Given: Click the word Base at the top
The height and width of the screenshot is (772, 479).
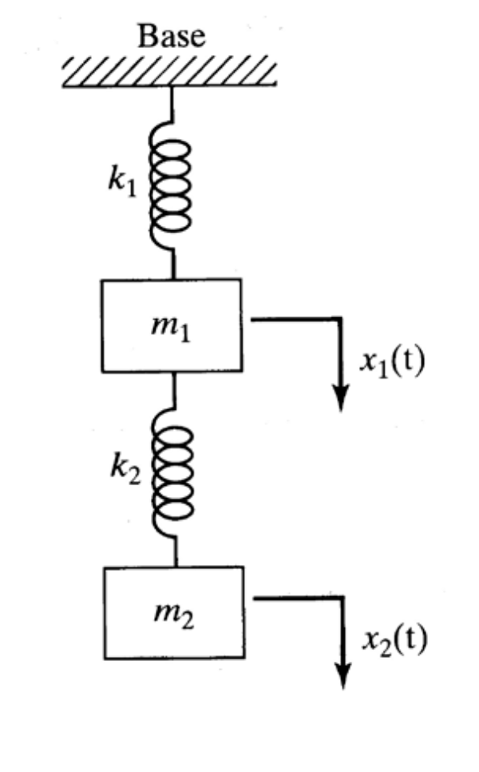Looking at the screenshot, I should (172, 37).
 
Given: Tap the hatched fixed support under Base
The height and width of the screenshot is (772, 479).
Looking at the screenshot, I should (171, 73).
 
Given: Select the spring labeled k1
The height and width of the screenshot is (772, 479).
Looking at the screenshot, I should (170, 183).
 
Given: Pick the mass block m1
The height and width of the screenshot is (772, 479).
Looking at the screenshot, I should (171, 324).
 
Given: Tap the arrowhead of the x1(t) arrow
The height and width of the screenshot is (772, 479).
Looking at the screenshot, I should (342, 397).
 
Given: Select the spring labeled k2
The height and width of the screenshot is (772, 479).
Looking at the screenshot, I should (173, 472).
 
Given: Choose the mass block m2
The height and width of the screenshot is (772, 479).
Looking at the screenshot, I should (174, 611).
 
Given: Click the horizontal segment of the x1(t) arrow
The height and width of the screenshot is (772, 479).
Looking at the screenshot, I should (295, 318).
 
